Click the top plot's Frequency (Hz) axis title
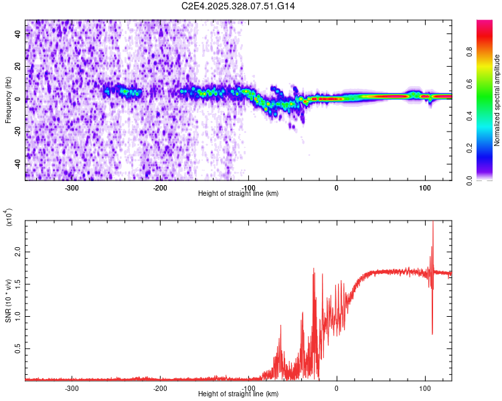coord(8,100)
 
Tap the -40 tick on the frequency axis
coord(17,164)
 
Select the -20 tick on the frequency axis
coord(17,132)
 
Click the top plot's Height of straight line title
coord(238,193)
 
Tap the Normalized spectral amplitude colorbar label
coord(497,100)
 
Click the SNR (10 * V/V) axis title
coord(8,301)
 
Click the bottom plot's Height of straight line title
coord(238,394)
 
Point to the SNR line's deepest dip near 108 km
coord(432,333)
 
